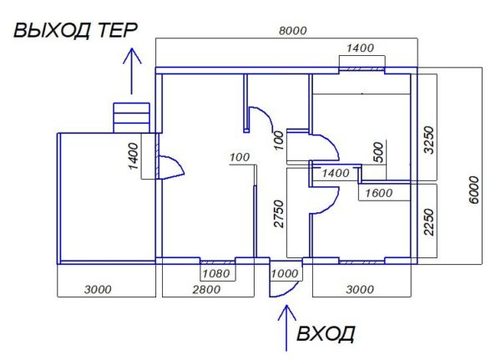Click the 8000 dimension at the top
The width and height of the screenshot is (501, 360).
click(293, 31)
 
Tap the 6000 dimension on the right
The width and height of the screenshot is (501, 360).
click(474, 190)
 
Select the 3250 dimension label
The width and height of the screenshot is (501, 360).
click(429, 140)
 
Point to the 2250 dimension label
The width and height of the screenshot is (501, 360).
click(429, 222)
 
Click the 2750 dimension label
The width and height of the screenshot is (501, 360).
click(279, 214)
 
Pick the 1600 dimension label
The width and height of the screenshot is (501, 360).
click(378, 193)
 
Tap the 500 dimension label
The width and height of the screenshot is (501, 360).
click(377, 152)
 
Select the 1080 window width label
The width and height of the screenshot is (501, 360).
click(216, 273)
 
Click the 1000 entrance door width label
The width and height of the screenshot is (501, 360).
click(285, 273)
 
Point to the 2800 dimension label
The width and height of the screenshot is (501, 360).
click(206, 290)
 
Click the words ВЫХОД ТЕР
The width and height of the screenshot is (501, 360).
click(75, 31)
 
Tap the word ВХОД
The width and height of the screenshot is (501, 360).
click(326, 334)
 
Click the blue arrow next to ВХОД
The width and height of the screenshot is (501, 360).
click(286, 328)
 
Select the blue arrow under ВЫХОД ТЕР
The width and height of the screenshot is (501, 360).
click(132, 71)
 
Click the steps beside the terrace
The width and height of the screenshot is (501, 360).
click(132, 118)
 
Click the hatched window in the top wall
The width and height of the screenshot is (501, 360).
click(362, 69)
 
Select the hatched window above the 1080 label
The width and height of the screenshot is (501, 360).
click(218, 261)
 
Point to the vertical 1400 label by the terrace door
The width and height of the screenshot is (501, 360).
click(134, 156)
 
